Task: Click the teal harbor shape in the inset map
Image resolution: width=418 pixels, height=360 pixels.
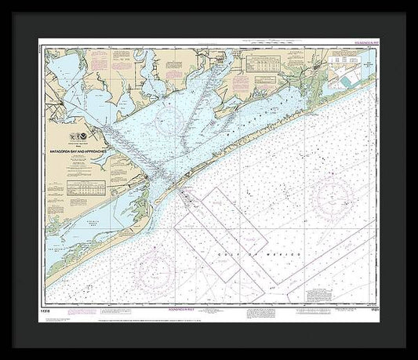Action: [346, 78]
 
